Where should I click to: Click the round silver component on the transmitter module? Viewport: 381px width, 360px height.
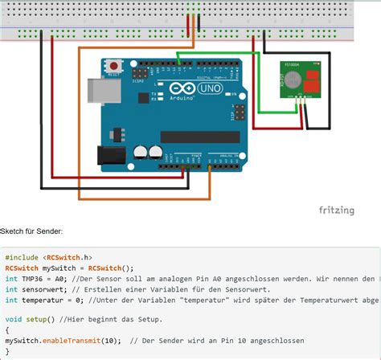pyautogui.click(x=293, y=80)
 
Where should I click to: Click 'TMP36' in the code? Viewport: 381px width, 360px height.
pyautogui.click(x=34, y=279)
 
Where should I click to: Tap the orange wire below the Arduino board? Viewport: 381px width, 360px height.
pyautogui.click(x=145, y=197)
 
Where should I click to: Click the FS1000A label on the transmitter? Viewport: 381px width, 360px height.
pyautogui.click(x=293, y=64)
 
